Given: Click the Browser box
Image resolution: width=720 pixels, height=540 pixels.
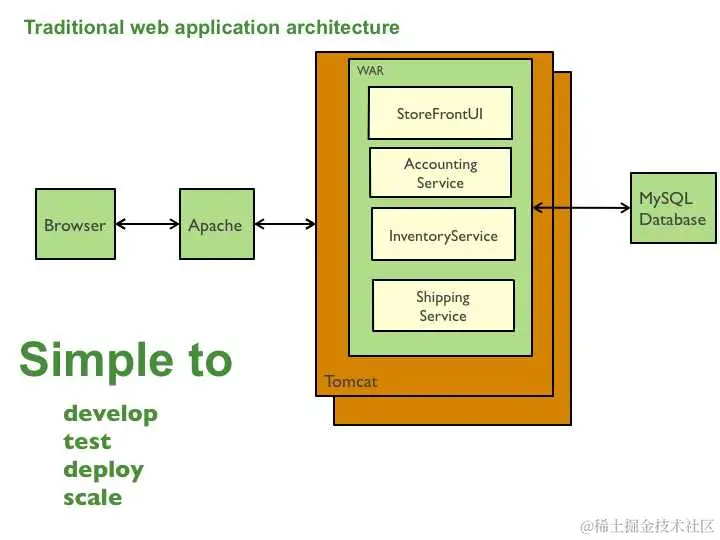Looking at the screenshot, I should pos(74,224).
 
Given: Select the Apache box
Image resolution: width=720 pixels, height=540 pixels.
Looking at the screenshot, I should pos(215,224).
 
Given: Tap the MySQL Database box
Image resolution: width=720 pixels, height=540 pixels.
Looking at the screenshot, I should pos(673,208).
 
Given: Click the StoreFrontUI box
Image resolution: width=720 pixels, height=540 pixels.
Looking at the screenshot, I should pos(440,113).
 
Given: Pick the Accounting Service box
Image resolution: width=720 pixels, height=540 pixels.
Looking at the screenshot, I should pos(440,173).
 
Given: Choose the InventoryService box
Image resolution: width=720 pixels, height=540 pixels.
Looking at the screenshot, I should pos(443,235).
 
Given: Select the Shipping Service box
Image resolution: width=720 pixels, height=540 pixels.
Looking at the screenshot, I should pos(443,306).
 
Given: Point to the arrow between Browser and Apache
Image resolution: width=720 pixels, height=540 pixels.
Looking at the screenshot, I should pos(146,224).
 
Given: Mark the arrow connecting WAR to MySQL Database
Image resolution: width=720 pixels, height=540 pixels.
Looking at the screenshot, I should pos(581,208).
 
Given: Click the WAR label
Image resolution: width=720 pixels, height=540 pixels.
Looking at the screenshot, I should pos(370,71).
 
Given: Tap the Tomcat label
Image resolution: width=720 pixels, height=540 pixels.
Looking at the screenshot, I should pos(351,381).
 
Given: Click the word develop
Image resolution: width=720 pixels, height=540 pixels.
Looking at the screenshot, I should pos(110,413).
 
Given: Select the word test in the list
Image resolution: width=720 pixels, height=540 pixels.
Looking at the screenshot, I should pos(87,441).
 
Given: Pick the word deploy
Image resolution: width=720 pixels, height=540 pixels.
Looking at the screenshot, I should pos(103,469).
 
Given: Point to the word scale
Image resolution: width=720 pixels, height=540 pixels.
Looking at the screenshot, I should pos(92,497).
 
